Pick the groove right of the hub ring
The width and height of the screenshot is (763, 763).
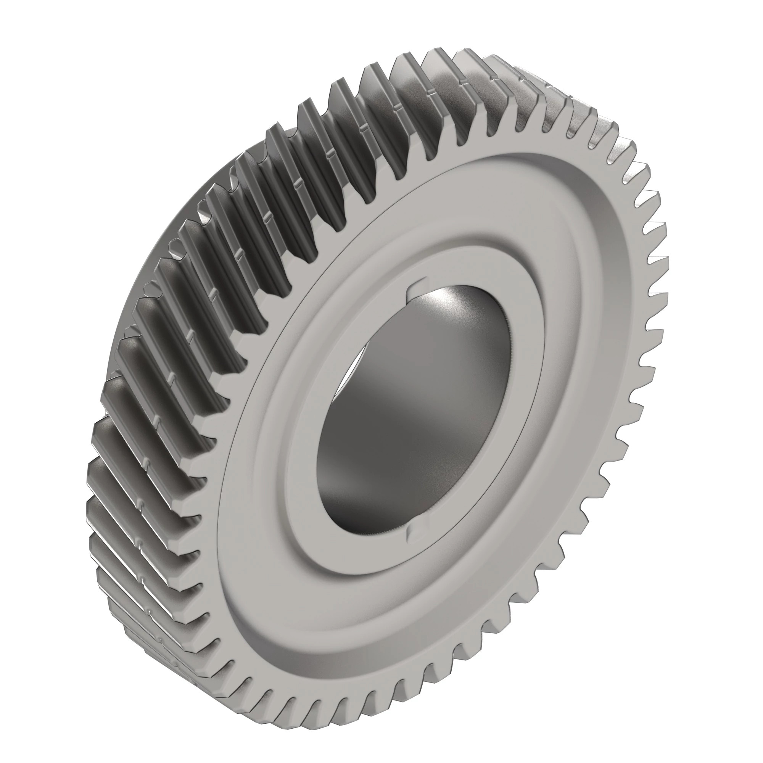click(x=553, y=367)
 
